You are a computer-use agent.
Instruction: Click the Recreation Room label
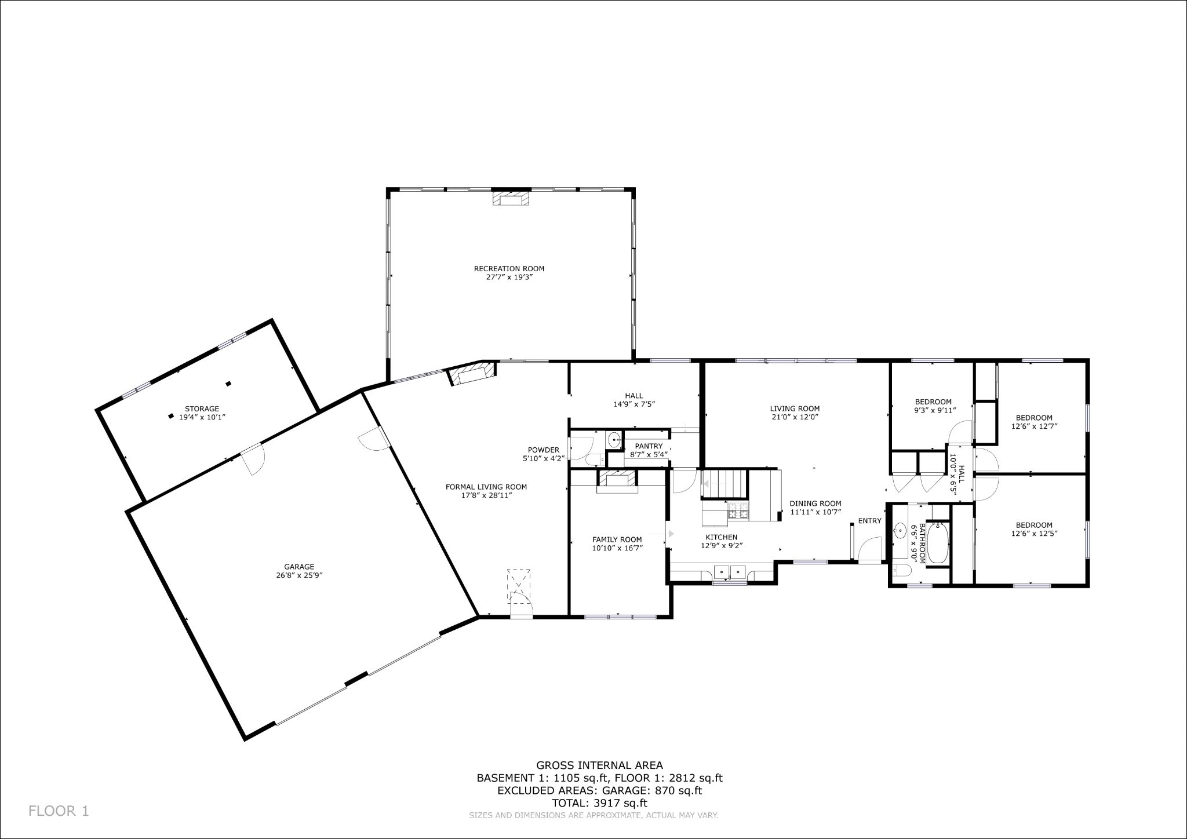coord(509,268)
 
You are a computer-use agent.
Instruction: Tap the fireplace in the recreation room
coord(511,199)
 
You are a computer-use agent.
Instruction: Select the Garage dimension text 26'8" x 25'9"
coord(299,575)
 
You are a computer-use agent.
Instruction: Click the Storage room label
coord(202,408)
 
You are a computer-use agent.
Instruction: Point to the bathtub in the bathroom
coord(937,543)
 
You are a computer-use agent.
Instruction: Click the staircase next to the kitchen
coord(725,483)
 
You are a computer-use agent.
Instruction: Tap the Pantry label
coord(648,446)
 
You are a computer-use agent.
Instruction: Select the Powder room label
coord(543,450)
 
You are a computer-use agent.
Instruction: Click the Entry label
coord(869,521)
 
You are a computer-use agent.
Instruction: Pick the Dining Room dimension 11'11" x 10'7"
coord(815,512)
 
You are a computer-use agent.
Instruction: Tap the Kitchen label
coord(721,537)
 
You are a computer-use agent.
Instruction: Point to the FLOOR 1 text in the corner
coord(59,811)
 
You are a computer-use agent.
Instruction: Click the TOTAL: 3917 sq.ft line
coord(599,803)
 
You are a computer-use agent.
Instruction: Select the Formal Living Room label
coord(486,487)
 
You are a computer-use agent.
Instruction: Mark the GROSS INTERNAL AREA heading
coord(599,765)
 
